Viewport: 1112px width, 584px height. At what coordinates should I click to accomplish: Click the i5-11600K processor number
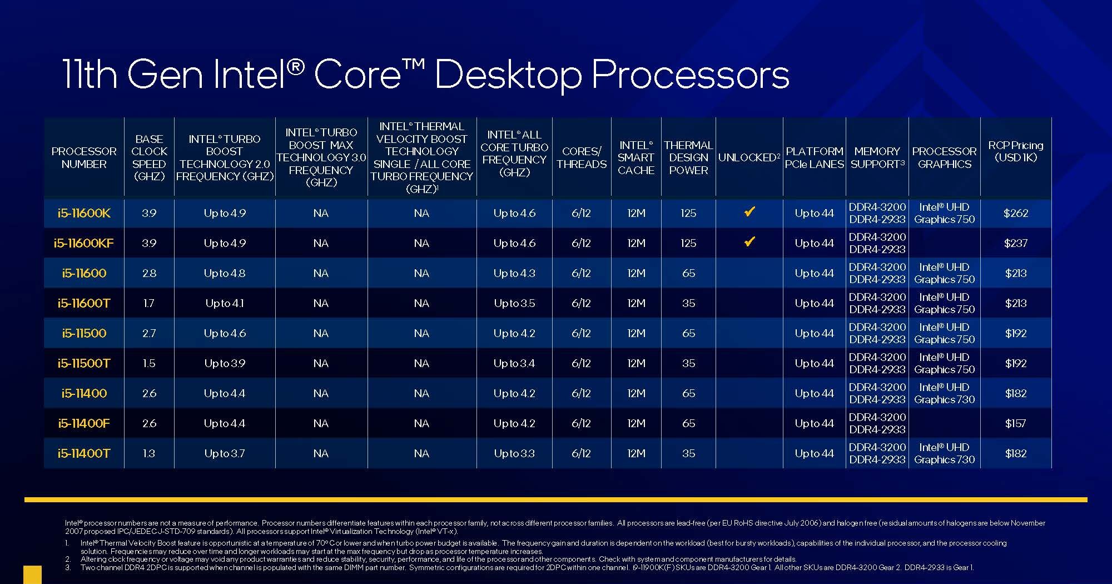pos(84,213)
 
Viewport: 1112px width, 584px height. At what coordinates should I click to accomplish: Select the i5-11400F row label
pos(84,423)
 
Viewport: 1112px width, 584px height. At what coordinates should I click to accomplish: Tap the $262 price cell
pos(1015,213)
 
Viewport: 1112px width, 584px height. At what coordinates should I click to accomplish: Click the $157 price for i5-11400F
pos(1015,423)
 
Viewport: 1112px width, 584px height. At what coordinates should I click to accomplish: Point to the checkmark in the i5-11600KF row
pos(749,242)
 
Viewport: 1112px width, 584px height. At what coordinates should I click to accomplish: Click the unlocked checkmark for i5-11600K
pos(749,212)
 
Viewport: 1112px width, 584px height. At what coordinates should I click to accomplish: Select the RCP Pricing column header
pos(1015,151)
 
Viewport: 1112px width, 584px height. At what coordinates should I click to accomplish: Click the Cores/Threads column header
pos(582,157)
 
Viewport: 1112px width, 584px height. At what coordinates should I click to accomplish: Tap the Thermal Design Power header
pos(688,157)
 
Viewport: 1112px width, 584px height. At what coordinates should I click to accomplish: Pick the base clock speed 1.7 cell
pos(149,303)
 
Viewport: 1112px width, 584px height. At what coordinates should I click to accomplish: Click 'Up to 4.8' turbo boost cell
pos(225,273)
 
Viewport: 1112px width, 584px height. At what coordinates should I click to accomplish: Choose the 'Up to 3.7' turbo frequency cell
pos(225,453)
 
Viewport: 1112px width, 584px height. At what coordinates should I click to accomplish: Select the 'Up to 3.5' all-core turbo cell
pos(514,303)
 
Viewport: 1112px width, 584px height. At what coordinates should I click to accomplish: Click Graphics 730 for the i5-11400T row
pos(944,460)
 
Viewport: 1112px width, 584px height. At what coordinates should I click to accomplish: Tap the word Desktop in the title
pos(508,75)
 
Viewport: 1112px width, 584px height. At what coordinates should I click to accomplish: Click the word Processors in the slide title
pos(690,75)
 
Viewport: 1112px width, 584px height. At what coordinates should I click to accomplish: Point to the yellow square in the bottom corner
pos(32,575)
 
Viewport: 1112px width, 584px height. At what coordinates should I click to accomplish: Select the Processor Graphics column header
pos(944,157)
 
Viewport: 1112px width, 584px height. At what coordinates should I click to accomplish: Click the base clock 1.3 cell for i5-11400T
pos(149,453)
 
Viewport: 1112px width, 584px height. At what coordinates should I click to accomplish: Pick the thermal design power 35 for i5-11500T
pos(688,363)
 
